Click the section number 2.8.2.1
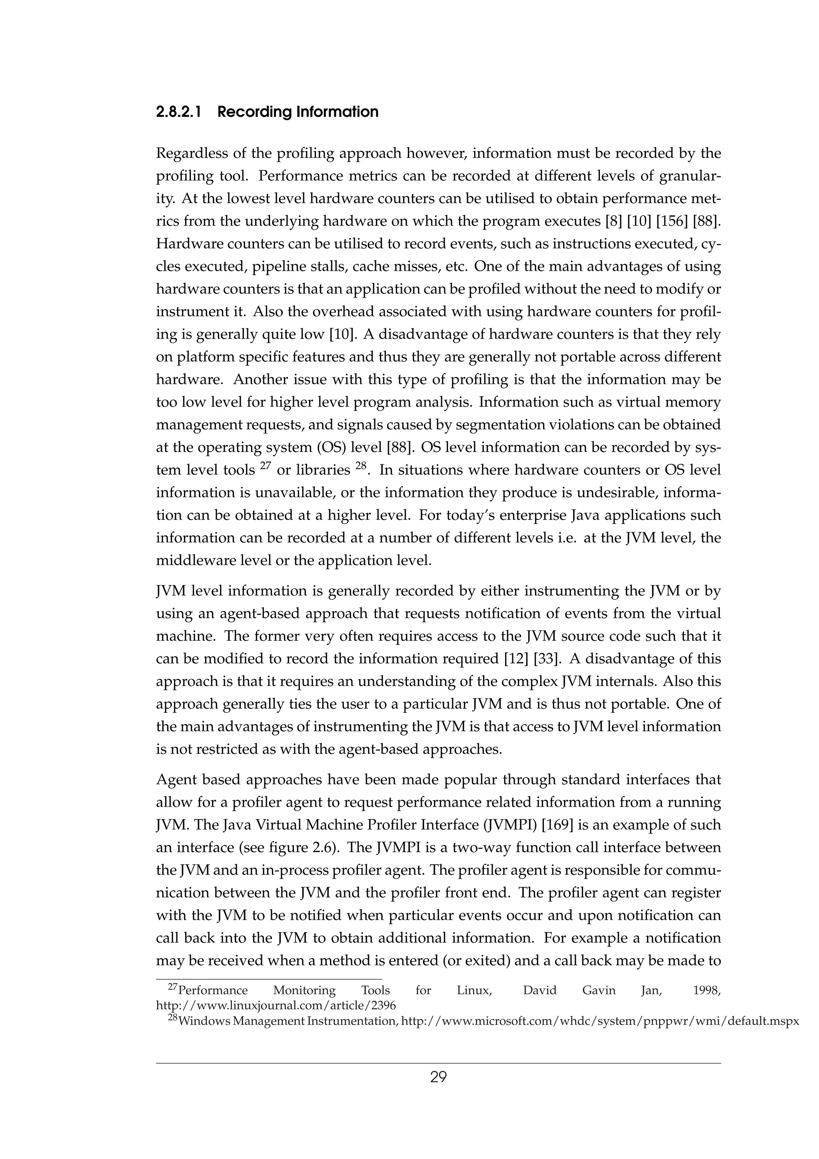[179, 112]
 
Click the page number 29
[438, 1078]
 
